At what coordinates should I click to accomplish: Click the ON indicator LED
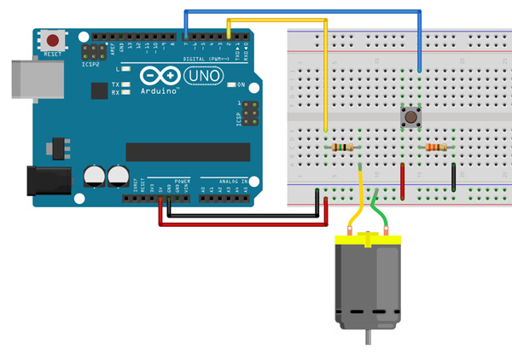click(230, 84)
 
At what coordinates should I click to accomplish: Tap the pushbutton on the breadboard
click(411, 116)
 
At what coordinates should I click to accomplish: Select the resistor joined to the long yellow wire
click(342, 148)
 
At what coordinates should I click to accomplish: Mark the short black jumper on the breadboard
click(453, 175)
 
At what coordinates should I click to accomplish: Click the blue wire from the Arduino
click(299, 11)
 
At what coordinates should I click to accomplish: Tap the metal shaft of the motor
click(369, 338)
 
